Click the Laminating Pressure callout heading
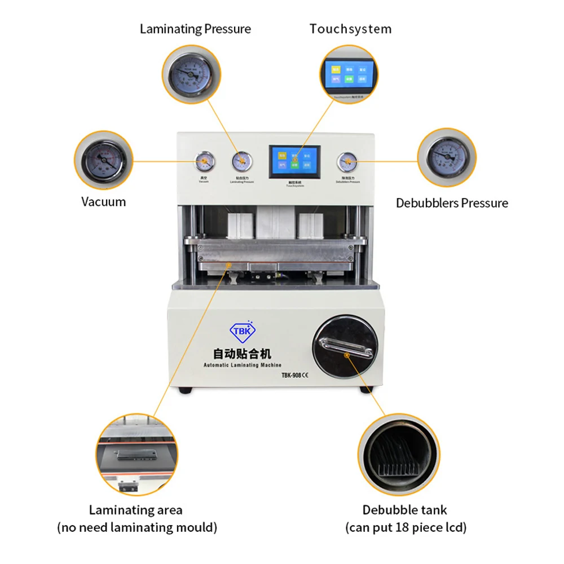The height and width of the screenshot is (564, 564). (x=195, y=29)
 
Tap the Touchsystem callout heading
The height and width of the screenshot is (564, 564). (x=350, y=29)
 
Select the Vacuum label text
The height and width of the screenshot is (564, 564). (x=103, y=202)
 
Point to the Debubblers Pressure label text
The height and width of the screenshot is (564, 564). (x=452, y=203)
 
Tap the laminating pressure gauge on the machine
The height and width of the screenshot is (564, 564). (x=242, y=162)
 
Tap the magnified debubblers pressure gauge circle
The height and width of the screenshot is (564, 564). (x=447, y=157)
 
